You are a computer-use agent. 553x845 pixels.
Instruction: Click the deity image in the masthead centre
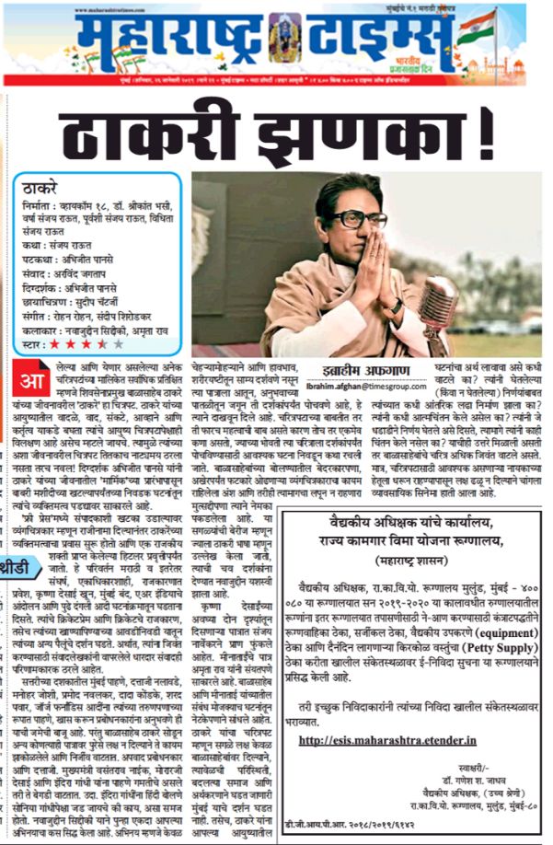tap(285, 39)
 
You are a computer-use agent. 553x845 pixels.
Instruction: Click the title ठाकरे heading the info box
tap(40, 192)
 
